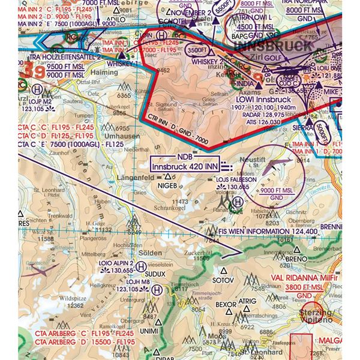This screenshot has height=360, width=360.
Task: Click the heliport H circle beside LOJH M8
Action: click(x=157, y=289)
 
